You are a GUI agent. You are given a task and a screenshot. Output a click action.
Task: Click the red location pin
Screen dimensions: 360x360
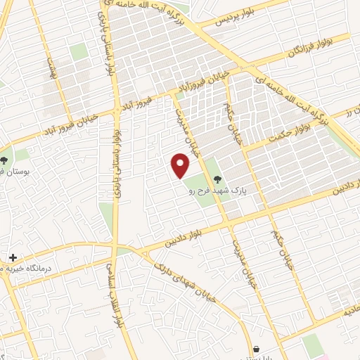pyautogui.click(x=181, y=166)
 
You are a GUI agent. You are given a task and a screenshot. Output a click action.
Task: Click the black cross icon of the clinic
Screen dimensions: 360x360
pyautogui.click(x=13, y=257)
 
